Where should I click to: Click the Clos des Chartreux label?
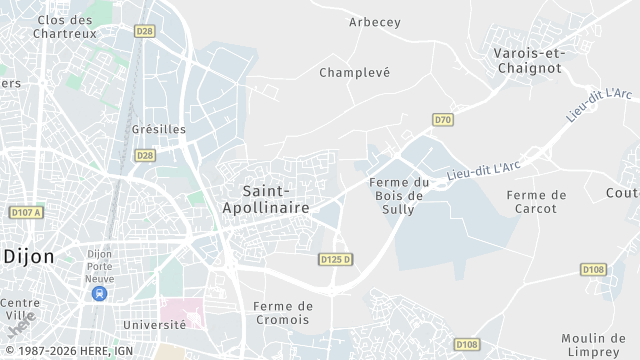[x=66, y=26]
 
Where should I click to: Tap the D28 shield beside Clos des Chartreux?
[x=146, y=32]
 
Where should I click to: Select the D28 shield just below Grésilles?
[x=145, y=155]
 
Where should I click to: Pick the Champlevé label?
[x=354, y=73]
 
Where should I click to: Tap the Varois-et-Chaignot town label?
[x=528, y=60]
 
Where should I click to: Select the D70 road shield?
[x=443, y=120]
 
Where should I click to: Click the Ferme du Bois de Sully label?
[x=398, y=195]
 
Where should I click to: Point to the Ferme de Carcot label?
[x=537, y=201]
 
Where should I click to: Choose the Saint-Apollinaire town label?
[x=267, y=198]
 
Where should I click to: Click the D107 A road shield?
[x=26, y=213]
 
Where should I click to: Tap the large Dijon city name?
[x=28, y=256]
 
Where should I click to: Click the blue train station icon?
[x=99, y=293]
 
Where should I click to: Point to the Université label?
[x=154, y=325]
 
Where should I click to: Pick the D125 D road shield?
[x=337, y=259]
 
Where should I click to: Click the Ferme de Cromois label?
[x=283, y=313]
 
